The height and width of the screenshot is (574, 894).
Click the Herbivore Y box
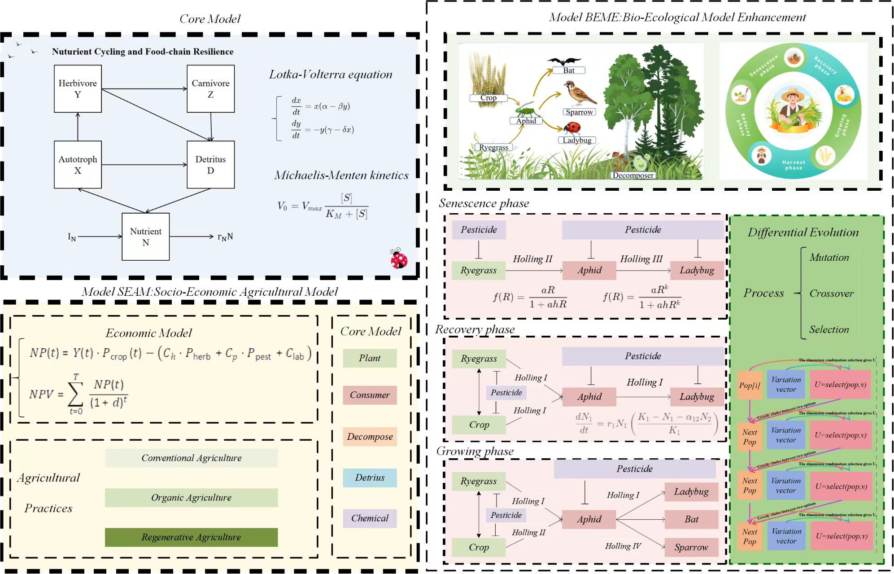[x=78, y=88]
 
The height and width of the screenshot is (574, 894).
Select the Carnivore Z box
[x=210, y=88]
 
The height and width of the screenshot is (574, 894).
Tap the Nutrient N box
[x=145, y=237]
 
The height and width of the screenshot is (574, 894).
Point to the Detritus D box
[x=210, y=165]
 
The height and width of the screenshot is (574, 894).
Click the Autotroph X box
[x=78, y=165]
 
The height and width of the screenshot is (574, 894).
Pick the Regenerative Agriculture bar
[x=191, y=537]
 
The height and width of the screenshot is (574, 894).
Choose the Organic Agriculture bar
[x=191, y=497]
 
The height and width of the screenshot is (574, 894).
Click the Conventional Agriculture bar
[x=191, y=458]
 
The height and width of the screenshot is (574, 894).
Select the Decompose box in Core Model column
[x=370, y=436]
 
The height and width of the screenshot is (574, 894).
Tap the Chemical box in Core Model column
[x=370, y=518]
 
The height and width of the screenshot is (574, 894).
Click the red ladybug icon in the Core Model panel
[x=399, y=259]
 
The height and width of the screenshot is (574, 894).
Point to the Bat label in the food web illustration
[x=568, y=70]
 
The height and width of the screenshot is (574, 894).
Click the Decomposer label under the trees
[x=633, y=175]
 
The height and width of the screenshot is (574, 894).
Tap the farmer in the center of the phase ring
[x=793, y=110]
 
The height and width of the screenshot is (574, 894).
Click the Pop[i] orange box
[x=750, y=385]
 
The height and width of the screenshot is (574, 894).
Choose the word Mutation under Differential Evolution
[x=829, y=258]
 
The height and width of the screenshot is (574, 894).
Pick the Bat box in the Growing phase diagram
[x=691, y=519]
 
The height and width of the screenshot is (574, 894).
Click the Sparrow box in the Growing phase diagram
[x=691, y=547]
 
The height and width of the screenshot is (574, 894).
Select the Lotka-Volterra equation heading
[x=331, y=74]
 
